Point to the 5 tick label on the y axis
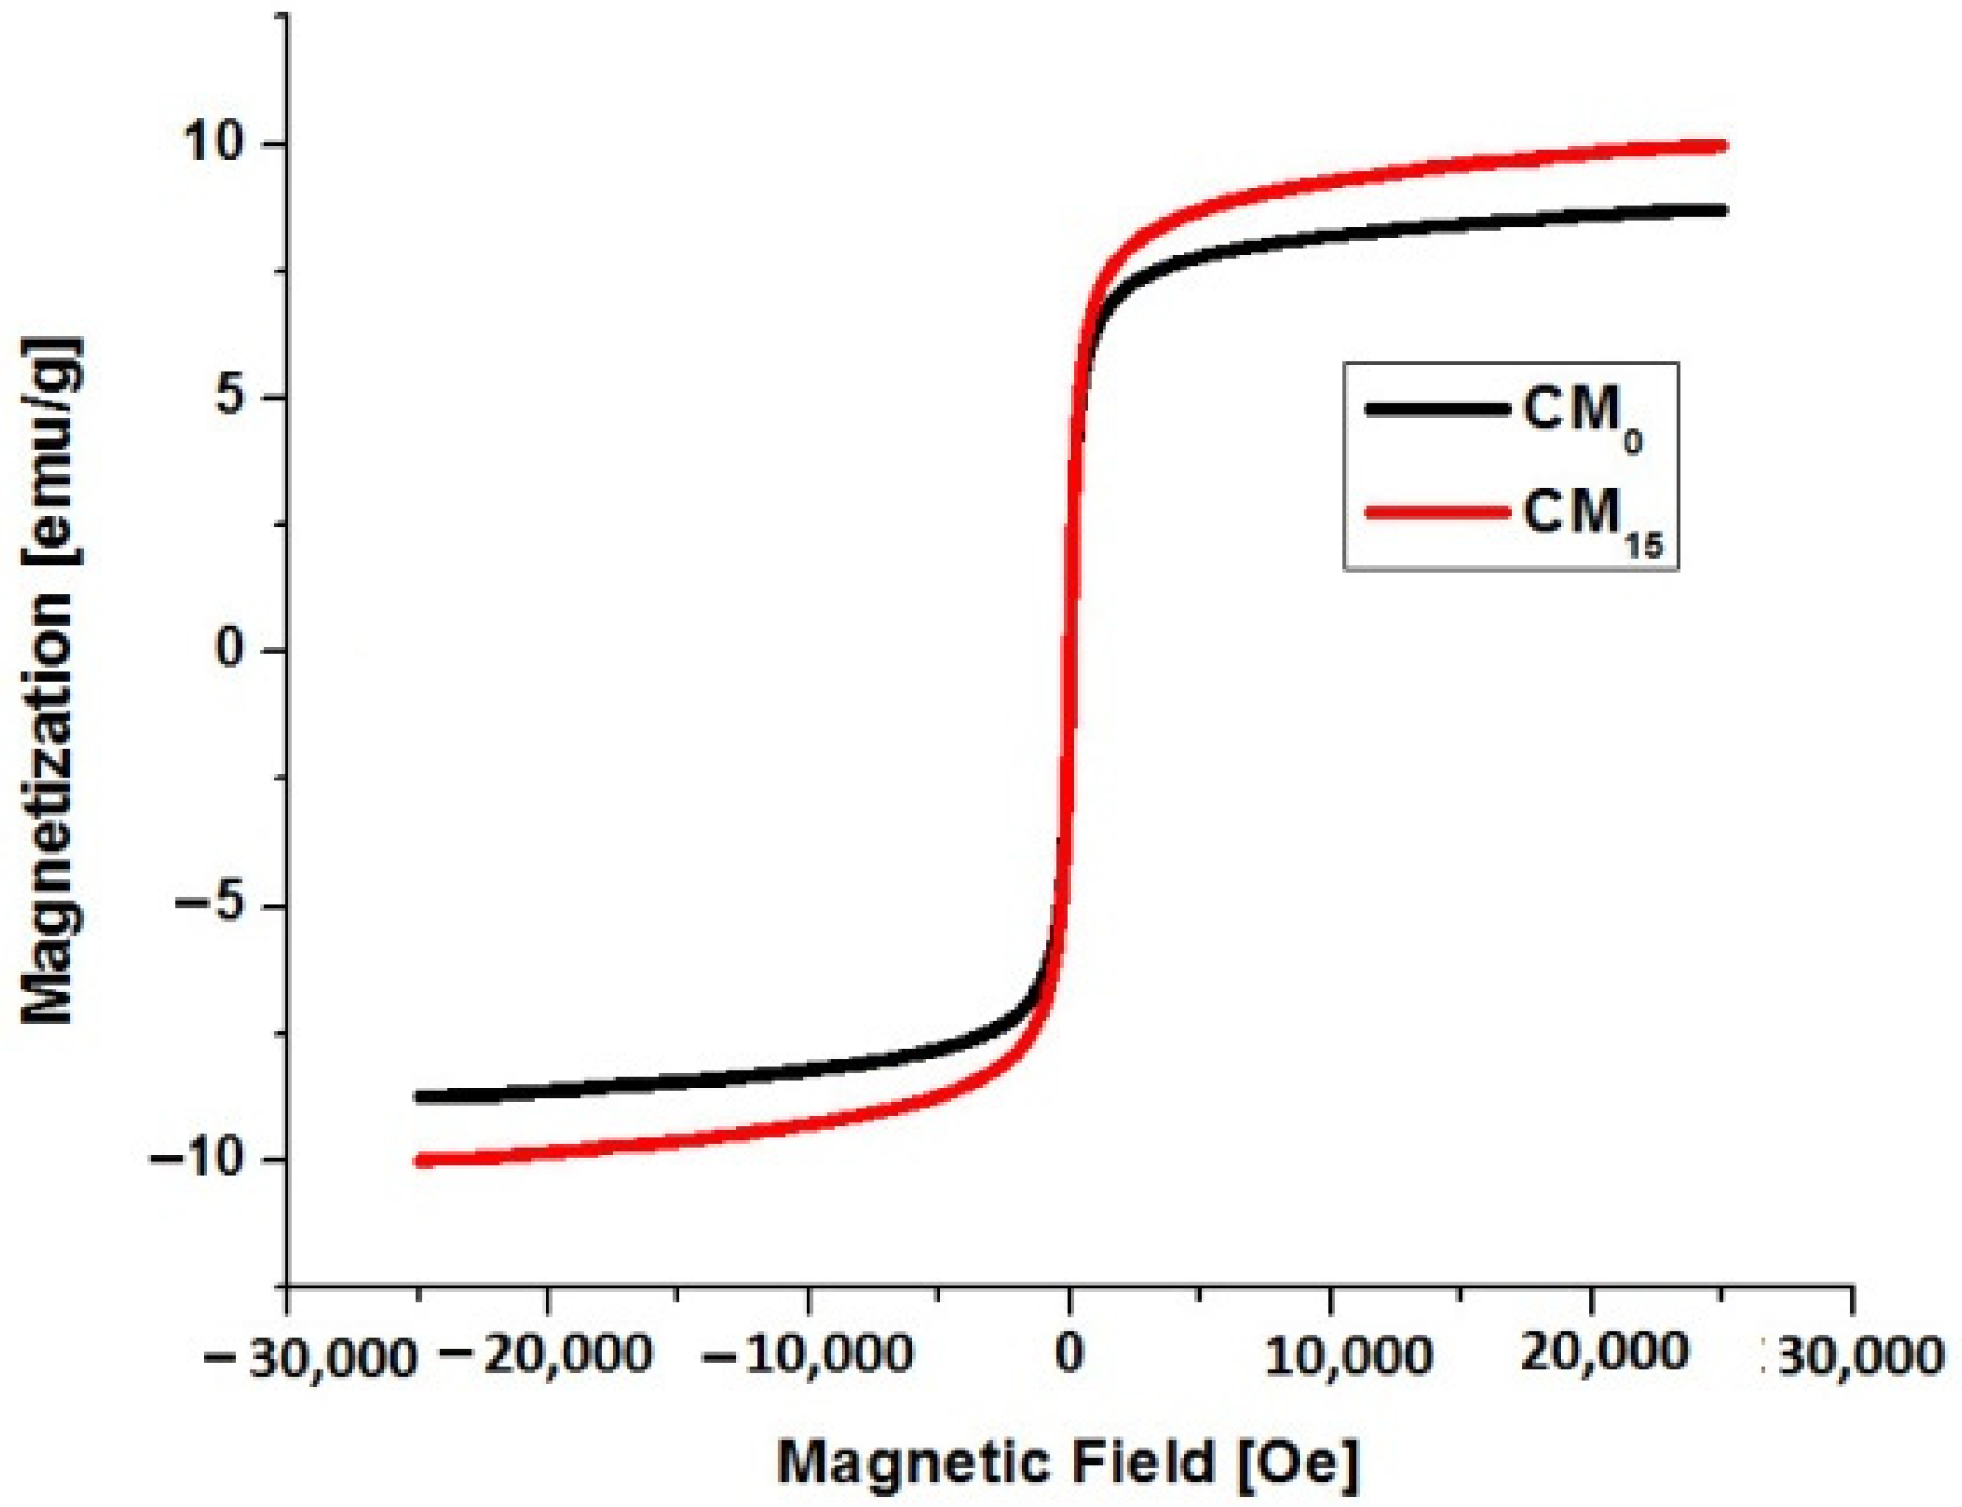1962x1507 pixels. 231,397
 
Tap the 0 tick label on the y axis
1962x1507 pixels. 231,649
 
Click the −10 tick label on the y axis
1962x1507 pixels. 196,1158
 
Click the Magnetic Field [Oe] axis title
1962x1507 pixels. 1069,1464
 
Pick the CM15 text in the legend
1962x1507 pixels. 1593,518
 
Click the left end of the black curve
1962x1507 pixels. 418,1096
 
